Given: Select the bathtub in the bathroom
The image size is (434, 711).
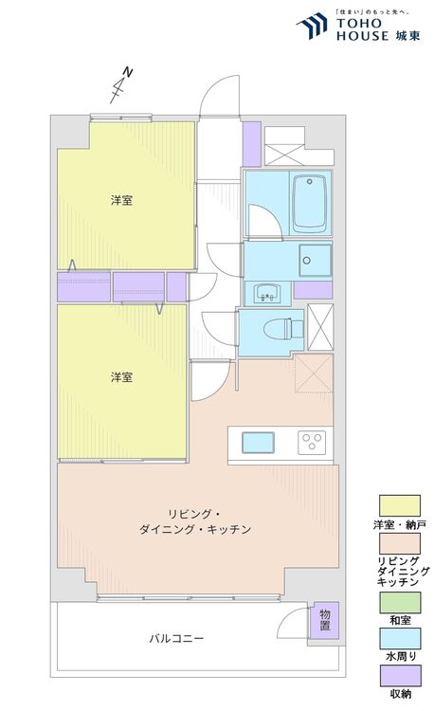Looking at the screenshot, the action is click(310, 204).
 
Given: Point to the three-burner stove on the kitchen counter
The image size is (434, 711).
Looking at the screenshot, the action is click(312, 443).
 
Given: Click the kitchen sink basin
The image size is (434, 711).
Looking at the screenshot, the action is click(258, 443).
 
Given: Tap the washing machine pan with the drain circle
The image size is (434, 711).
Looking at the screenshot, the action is click(315, 261).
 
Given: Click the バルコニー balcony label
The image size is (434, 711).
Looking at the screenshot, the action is click(176, 638).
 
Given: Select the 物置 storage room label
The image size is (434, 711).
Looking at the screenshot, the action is click(325, 621).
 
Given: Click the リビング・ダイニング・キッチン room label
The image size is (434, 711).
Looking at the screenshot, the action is click(195, 521).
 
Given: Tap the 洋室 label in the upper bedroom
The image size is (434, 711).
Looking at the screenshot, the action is click(122, 200).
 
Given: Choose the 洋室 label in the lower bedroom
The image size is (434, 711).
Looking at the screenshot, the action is click(122, 376).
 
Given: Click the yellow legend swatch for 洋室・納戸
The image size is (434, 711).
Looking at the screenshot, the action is click(400, 505).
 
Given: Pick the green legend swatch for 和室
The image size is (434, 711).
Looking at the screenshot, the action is click(400, 603).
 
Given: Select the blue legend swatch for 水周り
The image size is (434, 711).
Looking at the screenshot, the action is click(400, 638).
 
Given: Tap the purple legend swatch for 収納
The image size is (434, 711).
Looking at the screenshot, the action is click(400, 676).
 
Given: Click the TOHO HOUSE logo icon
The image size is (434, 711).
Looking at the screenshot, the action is click(312, 26).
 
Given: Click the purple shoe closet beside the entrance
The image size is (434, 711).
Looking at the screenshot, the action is click(252, 144).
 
